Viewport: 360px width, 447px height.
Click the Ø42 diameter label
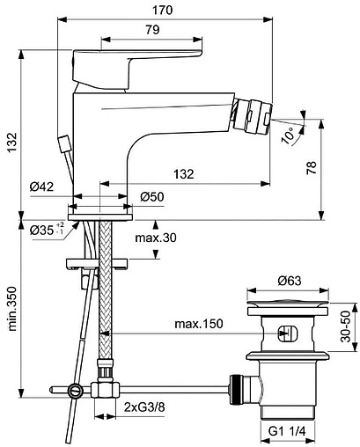coord(42,186)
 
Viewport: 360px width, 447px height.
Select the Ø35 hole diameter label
coord(43,231)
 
